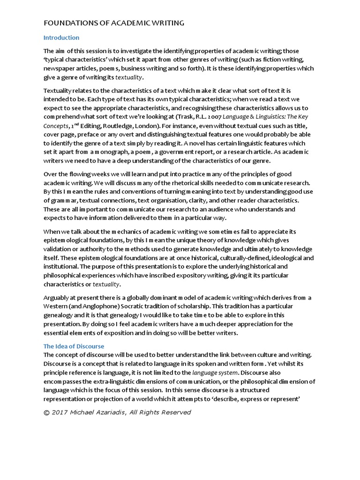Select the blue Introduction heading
coord(61,37)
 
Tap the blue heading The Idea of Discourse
coord(74,346)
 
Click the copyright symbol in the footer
coord(46,412)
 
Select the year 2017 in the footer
coord(60,412)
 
